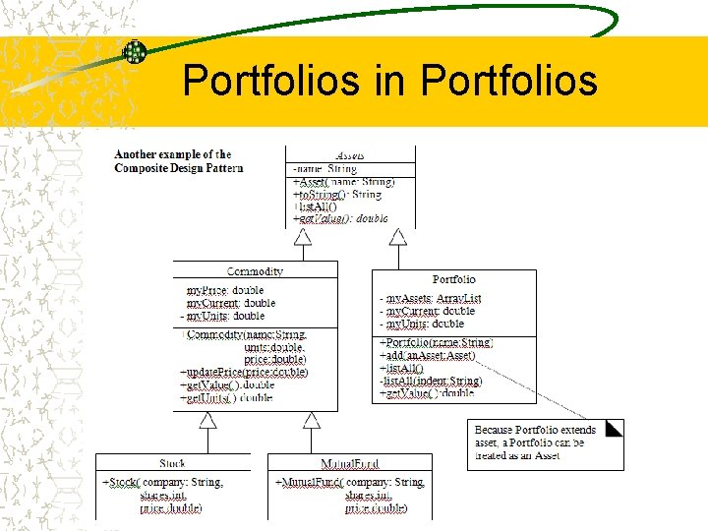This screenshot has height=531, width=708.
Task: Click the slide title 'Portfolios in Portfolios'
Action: pos(389,81)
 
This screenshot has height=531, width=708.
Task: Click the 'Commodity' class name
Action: pos(255,271)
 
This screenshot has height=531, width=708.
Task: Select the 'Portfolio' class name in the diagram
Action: pos(453,279)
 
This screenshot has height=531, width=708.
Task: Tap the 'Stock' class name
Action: pos(172,463)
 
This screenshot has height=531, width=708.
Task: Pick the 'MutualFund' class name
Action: pos(350,463)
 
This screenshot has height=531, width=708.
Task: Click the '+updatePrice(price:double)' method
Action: pos(244,373)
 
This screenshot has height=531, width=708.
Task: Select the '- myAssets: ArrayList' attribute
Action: pos(431,298)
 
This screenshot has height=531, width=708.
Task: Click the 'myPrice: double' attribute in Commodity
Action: pos(225,291)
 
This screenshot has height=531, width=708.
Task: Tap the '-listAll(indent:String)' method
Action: pos(430,381)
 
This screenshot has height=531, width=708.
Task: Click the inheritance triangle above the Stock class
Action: pos(207,420)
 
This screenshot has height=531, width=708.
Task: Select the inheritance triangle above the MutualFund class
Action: pos(312,420)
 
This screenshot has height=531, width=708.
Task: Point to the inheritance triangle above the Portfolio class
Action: pos(397,236)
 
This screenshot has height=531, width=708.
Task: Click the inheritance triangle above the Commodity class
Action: pos(303,236)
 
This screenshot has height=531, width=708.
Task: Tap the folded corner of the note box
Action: pos(615,429)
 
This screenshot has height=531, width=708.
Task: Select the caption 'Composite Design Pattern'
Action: pos(178,168)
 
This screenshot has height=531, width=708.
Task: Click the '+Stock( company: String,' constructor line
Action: pos(163,483)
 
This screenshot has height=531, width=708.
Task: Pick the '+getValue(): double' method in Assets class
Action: pos(340,218)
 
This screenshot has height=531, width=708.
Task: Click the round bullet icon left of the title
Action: pos(135,52)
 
